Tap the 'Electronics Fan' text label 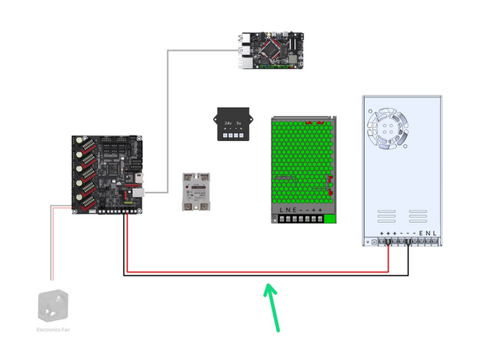(x=54, y=329)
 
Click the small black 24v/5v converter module (x=234, y=124)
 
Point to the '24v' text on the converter (x=228, y=122)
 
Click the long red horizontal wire (x=259, y=272)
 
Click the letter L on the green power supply (x=282, y=212)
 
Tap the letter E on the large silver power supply (x=421, y=233)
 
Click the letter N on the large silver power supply (x=428, y=233)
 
